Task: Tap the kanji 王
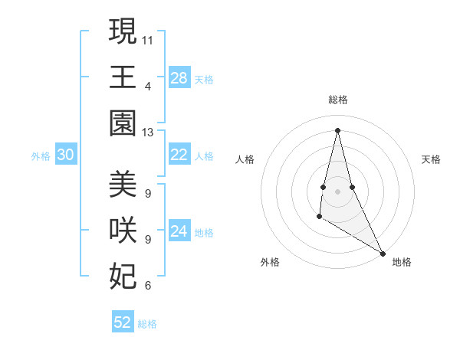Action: pos(123,77)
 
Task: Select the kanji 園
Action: pos(123,123)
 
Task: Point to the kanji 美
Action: pos(123,185)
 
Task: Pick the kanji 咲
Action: pos(123,231)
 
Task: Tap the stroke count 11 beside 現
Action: pos(148,39)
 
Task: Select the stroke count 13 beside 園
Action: pos(148,132)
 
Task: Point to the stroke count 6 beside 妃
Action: pos(148,286)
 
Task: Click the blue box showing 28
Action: pos(179,78)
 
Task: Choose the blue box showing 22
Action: pos(179,155)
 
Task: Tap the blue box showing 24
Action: pos(179,231)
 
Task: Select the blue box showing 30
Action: pos(66,155)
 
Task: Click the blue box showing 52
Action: pos(123,322)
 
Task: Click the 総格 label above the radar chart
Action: pos(338,100)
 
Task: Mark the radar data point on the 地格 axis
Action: pos(383,253)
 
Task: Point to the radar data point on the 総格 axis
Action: pos(338,129)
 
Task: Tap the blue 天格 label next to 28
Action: pos(204,79)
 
